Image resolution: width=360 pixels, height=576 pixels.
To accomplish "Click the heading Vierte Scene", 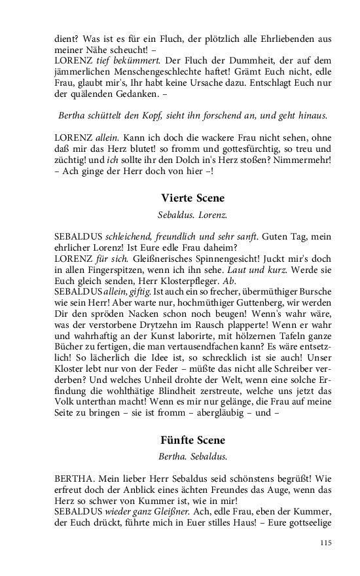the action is pos(192,198).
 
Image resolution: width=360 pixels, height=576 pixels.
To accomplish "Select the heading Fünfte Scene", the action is pos(192,440).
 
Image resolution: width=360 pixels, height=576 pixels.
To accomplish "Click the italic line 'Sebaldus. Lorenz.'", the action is pos(192,214).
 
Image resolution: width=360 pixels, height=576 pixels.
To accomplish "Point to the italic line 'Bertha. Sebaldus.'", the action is pos(192,456).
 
